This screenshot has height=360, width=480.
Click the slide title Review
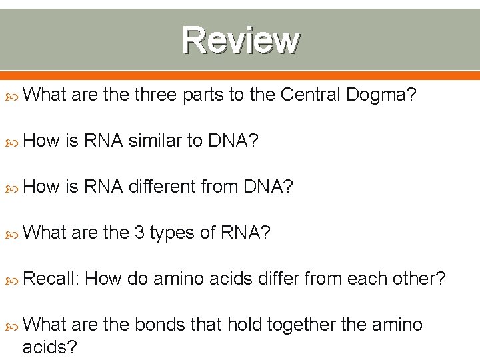[241, 40]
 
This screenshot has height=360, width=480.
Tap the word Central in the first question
[311, 95]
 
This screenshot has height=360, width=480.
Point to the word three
[155, 95]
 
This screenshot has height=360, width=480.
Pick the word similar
[155, 141]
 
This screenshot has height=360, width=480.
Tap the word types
[170, 233]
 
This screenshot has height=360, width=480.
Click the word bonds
[157, 325]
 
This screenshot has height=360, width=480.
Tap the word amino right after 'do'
[179, 279]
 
